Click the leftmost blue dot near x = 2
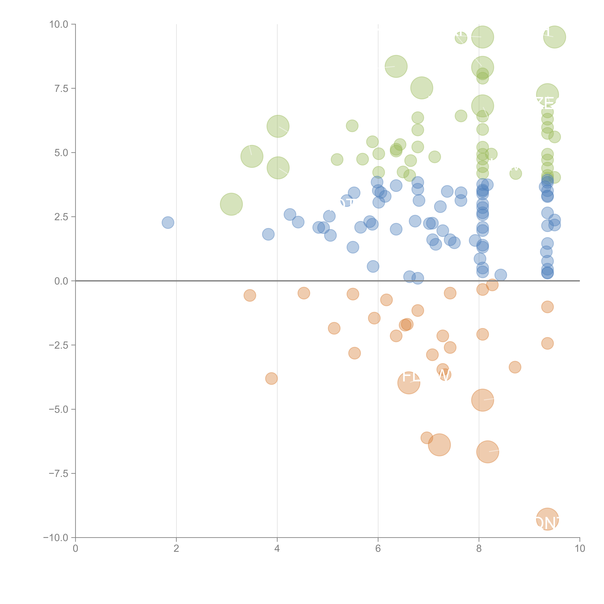[168, 223]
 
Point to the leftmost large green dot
[231, 204]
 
